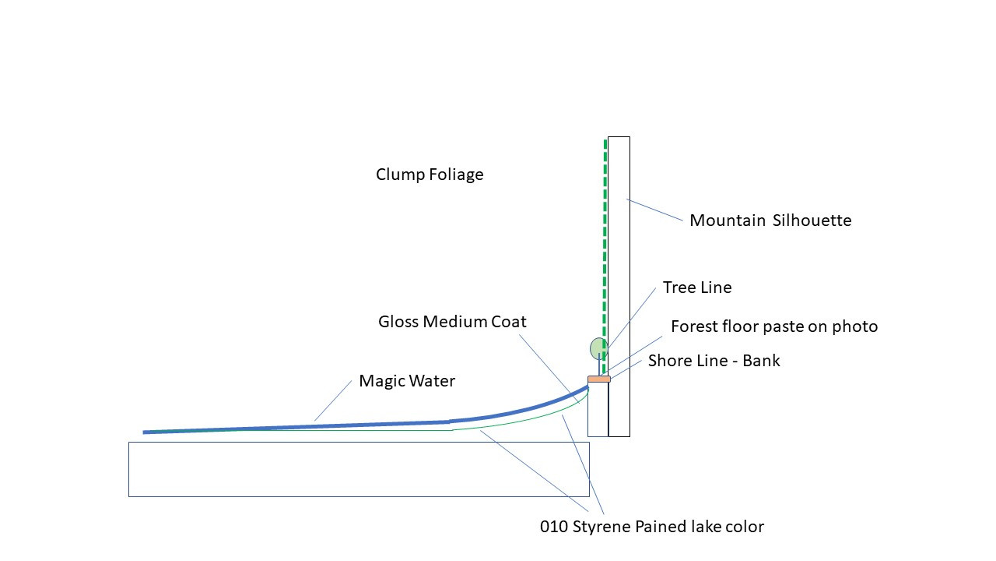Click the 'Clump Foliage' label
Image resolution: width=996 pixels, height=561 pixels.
coord(430,175)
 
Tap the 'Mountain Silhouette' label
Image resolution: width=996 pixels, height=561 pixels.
coord(770,221)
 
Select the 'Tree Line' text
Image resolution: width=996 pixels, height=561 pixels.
coord(697,288)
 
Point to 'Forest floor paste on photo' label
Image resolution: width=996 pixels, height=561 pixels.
coord(774,326)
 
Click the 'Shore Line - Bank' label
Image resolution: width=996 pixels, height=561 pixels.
coord(714,361)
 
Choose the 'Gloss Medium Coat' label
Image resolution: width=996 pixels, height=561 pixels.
coord(452,322)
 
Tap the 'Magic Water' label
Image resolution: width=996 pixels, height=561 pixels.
coord(407,381)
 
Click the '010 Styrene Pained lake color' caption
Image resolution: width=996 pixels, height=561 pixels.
coord(652,527)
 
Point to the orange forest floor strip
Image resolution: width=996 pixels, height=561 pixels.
coord(599,379)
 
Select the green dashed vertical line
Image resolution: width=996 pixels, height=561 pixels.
coord(605,256)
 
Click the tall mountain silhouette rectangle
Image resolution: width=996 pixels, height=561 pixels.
coord(619,286)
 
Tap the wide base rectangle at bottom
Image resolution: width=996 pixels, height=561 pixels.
coord(359,469)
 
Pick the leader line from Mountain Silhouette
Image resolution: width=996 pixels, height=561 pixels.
coord(654,210)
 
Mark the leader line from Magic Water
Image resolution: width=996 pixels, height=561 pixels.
coord(333,400)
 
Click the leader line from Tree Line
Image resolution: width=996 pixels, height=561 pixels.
coord(631,318)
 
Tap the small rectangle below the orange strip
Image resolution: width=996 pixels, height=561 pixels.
coord(598,410)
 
